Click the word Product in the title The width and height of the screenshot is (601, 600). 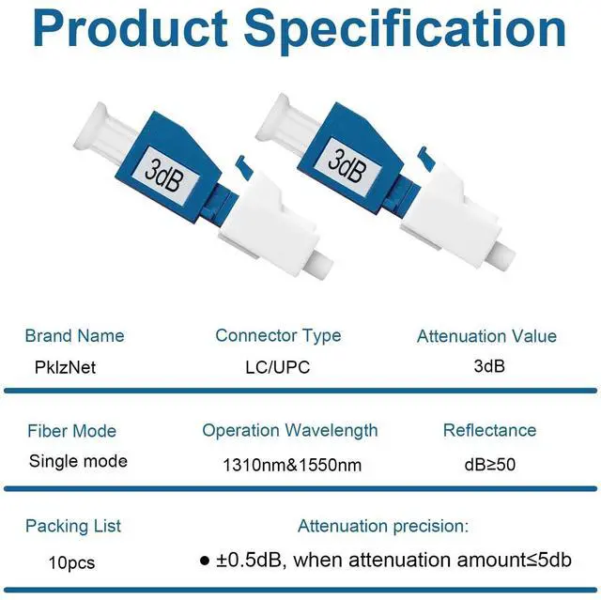click(x=131, y=29)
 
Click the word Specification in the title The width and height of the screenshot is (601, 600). click(x=405, y=32)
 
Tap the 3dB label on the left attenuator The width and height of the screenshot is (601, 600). click(x=163, y=175)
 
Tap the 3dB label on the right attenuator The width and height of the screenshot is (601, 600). click(x=347, y=165)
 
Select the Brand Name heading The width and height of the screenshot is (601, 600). click(x=75, y=335)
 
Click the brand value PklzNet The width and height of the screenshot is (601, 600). click(x=65, y=367)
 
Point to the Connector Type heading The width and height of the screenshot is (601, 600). click(x=278, y=336)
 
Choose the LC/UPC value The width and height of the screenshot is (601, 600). click(x=278, y=367)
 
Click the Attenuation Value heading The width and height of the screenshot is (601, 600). click(x=486, y=336)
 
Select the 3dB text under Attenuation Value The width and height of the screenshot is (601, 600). click(x=489, y=366)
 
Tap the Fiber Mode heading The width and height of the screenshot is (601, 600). click(x=71, y=431)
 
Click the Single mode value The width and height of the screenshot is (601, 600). click(x=78, y=461)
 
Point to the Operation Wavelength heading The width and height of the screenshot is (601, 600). click(x=290, y=431)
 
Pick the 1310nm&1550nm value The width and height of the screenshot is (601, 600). click(x=292, y=465)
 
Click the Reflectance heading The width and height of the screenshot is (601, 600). click(x=489, y=430)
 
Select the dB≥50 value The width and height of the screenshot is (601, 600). click(x=490, y=465)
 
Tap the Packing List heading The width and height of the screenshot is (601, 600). click(x=73, y=526)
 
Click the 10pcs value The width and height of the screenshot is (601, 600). click(x=71, y=562)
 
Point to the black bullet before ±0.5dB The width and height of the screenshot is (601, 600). click(x=205, y=561)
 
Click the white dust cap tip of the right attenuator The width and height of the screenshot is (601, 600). click(x=502, y=254)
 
